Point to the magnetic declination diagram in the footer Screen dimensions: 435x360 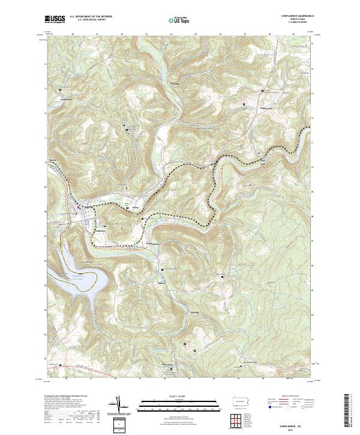click(x=118, y=405)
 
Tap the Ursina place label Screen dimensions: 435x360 click(x=136, y=205)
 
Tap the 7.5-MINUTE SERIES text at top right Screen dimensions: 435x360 click(x=298, y=23)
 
